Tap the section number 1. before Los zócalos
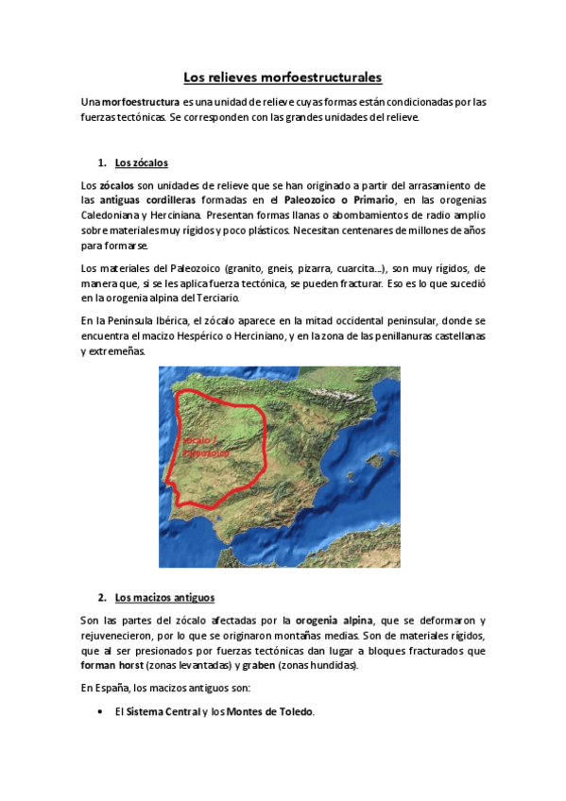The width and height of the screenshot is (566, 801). point(102,162)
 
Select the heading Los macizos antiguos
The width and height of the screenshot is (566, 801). point(164,598)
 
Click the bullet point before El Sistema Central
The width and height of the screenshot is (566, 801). point(101,712)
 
